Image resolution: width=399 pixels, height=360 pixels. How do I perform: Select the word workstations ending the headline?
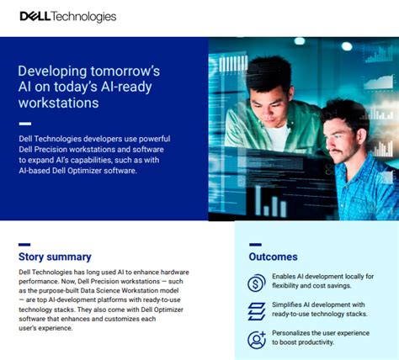tap(58, 103)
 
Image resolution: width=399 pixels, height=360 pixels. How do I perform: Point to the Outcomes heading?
tap(273, 257)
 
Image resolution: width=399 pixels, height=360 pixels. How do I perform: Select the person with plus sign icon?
tap(257, 340)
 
